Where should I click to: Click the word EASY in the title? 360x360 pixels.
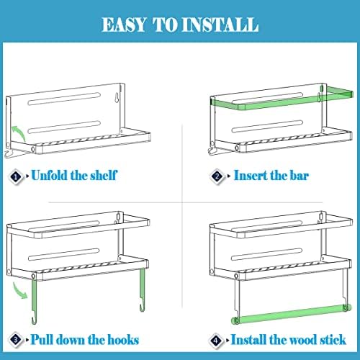(124, 24)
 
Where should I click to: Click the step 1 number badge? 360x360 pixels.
(16, 177)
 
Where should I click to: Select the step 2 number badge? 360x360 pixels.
(217, 177)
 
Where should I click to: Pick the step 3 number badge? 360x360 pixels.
(16, 340)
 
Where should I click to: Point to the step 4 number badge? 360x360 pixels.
(216, 341)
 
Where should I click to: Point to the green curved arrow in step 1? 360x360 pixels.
(19, 132)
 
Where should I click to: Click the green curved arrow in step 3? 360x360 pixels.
(20, 291)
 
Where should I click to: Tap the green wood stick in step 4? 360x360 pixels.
(291, 314)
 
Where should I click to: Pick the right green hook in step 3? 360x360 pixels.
(143, 290)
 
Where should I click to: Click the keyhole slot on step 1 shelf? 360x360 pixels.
(117, 97)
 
